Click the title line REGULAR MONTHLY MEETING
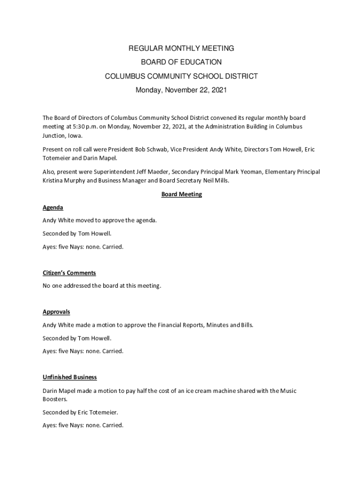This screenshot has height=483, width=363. tap(181, 48)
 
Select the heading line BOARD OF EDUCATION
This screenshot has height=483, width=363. tap(181, 62)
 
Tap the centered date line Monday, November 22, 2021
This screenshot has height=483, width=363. tap(181, 90)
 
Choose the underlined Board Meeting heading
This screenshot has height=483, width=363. tap(181, 194)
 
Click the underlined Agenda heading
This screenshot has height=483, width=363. tap(53, 208)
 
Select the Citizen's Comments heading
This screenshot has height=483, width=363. tap(69, 273)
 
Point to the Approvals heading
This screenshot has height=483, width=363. tap(56, 312)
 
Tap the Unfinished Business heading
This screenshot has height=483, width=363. tap(70, 377)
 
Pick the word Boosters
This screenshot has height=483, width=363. tap(55, 399)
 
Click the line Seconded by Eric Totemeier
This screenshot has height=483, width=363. tap(80, 412)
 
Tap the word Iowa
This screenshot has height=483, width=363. tap(74, 135)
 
